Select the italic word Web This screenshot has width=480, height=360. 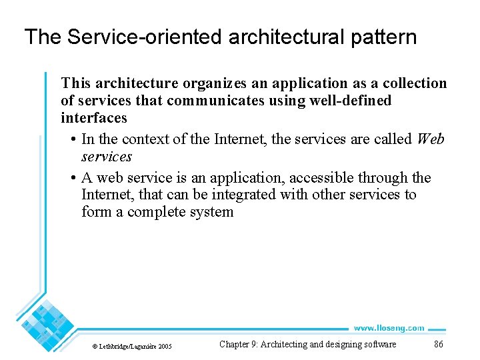pos(430,139)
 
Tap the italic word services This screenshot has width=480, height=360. pos(107,157)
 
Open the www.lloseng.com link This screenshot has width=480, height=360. pos(389,328)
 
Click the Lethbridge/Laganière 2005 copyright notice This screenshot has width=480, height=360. pos(132,346)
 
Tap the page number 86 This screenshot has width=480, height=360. pos(438,345)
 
